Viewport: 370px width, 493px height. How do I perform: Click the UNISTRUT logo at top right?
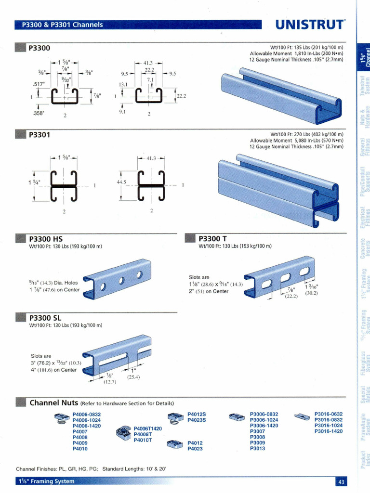click(310, 25)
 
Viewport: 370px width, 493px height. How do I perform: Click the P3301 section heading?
click(40, 135)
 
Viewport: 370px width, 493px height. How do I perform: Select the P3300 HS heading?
click(46, 239)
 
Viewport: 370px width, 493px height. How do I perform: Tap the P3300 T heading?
click(212, 239)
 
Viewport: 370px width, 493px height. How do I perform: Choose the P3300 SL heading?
click(45, 318)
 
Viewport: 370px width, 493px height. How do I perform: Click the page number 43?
click(340, 482)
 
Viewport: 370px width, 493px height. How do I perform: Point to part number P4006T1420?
click(147, 428)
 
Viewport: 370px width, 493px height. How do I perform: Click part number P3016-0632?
click(329, 414)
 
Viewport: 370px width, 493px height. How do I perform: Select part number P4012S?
click(197, 414)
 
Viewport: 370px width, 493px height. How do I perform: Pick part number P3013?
click(257, 449)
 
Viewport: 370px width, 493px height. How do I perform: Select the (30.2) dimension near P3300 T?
click(312, 293)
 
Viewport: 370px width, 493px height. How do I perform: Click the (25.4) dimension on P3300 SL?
click(133, 377)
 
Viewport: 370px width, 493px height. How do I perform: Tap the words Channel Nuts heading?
click(54, 402)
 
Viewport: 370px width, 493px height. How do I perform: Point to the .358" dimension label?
click(37, 114)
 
